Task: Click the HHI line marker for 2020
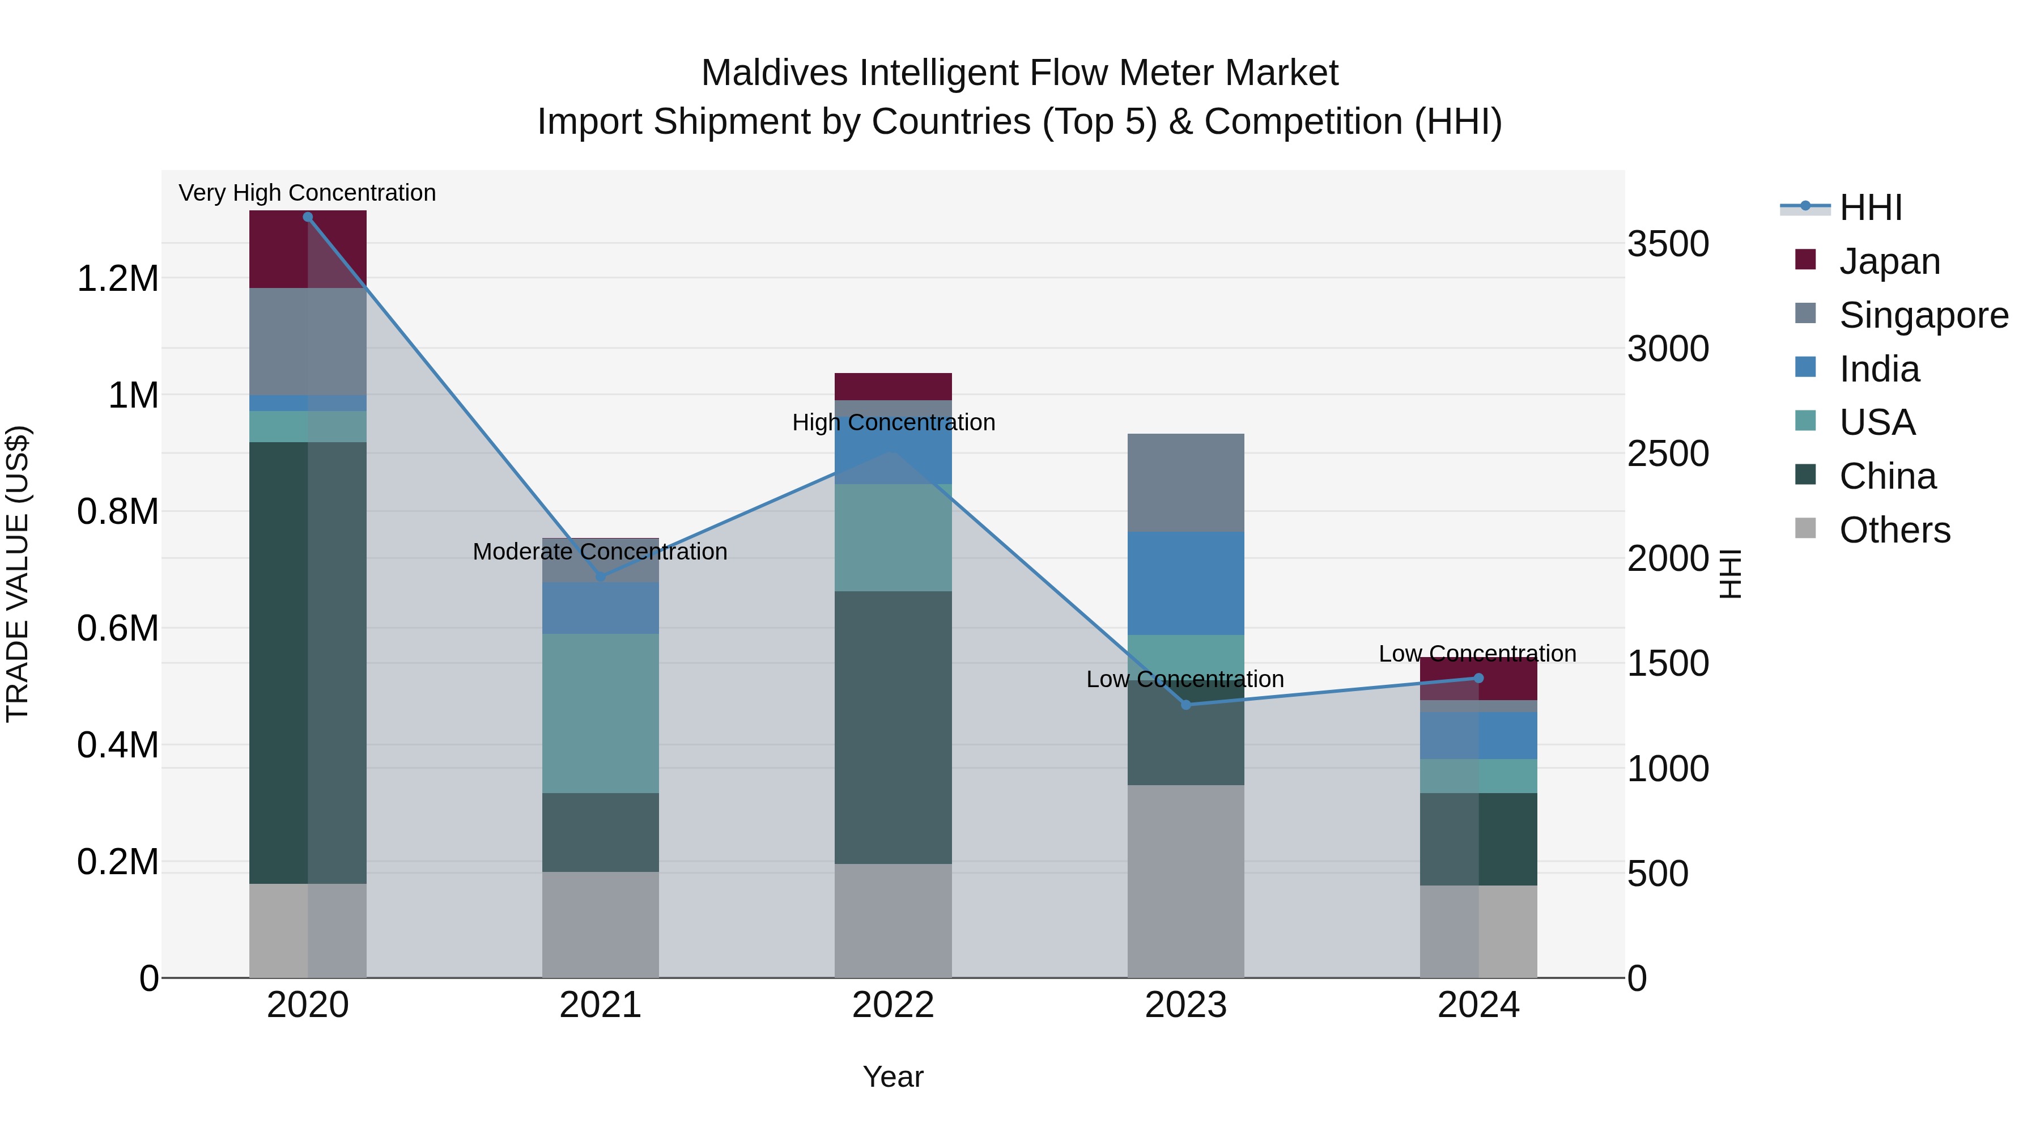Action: tap(308, 217)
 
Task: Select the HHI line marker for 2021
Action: tap(600, 577)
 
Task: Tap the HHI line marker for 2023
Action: tap(1185, 704)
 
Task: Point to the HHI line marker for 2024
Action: tap(1478, 678)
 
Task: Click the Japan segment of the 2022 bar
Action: tap(892, 387)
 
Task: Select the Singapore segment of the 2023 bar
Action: tap(1185, 482)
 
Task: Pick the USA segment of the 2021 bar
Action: tap(600, 713)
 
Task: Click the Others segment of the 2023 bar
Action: tap(1185, 881)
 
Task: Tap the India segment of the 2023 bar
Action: tap(1185, 583)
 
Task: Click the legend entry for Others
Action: tap(1894, 530)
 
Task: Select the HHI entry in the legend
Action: tap(1870, 207)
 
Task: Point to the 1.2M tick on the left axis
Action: tap(117, 279)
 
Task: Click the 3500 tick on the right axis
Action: tap(1668, 244)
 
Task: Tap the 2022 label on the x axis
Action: tap(892, 1005)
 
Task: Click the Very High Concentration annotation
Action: tap(307, 193)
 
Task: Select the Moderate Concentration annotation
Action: tap(600, 552)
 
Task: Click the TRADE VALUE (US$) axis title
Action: tap(18, 574)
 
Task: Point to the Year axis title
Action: tap(892, 1077)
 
